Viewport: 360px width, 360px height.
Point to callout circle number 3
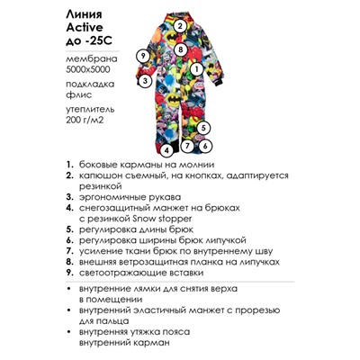(x=143, y=80)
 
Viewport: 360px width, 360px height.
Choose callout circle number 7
(x=187, y=144)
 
